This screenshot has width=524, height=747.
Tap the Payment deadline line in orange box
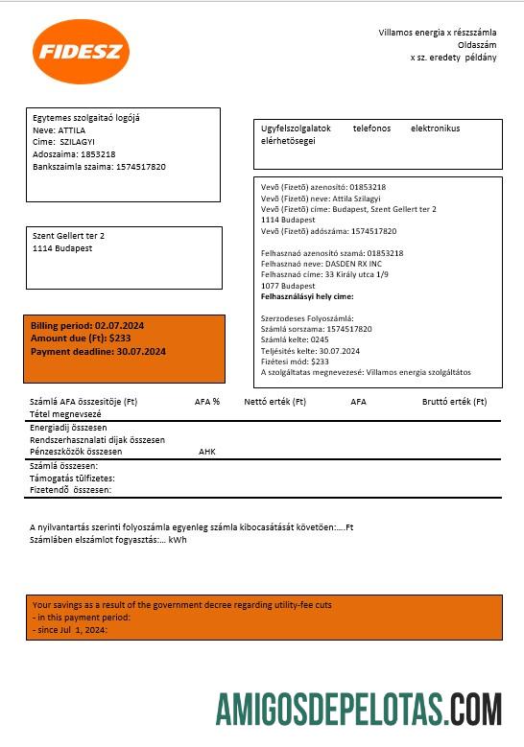98,352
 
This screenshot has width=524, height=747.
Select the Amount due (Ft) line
82,339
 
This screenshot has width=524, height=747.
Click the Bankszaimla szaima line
99,167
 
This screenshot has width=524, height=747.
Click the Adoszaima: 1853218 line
74,153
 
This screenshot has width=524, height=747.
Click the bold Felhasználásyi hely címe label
307,297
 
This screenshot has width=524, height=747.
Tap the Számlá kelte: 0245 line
295,339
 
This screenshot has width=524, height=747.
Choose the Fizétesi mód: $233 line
295,362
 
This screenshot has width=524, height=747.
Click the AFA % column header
207,402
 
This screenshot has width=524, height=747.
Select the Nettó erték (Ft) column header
274,402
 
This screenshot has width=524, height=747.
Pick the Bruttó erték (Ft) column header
454,402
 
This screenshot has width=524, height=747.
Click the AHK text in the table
207,451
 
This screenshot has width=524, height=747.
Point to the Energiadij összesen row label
68,428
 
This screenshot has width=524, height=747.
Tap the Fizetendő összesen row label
70,489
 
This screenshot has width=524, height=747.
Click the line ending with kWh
108,540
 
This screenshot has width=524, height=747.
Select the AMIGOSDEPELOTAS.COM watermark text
358,711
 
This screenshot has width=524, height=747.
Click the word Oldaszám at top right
477,44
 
